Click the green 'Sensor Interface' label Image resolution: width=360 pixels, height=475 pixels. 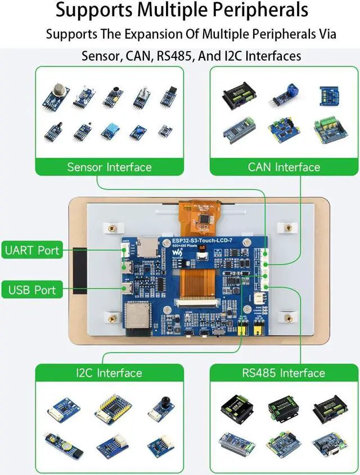109,167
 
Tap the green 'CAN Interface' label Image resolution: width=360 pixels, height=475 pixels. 284,167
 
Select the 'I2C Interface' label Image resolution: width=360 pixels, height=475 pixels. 109,373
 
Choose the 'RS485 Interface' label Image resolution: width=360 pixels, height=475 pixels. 284,373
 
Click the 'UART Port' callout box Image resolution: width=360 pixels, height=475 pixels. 31,250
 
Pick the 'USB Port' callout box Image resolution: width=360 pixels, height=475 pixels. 31,290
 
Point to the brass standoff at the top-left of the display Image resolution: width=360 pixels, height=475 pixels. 112,228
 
